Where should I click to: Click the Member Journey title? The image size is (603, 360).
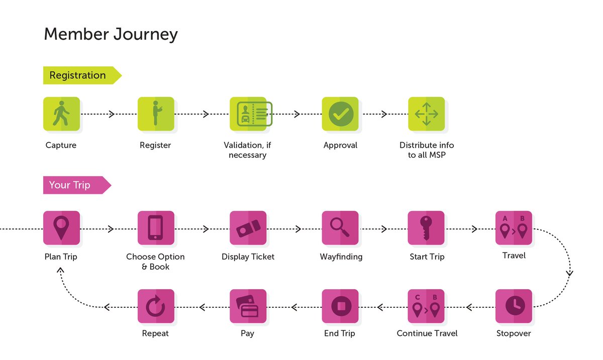111,34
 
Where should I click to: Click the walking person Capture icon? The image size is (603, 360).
62,114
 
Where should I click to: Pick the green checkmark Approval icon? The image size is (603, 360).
340,114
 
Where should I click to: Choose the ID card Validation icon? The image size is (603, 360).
251,114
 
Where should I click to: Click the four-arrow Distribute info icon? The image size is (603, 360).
426,114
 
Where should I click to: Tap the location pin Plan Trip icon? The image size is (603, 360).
62,228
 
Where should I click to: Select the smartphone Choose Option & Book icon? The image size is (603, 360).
156,228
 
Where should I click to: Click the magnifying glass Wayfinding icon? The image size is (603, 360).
340,228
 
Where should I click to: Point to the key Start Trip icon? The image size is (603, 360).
426,228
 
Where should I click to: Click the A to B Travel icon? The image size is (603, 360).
514,228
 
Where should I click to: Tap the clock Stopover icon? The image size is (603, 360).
514,306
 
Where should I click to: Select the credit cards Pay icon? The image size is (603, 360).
248,306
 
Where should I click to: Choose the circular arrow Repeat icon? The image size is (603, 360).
156,306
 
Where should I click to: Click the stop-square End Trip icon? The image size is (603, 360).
340,306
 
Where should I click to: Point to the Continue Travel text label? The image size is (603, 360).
427,333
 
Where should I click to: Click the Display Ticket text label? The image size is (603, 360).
248,257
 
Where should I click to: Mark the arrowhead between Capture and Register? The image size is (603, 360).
112,114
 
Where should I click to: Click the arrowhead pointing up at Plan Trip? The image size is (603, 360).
60,270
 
